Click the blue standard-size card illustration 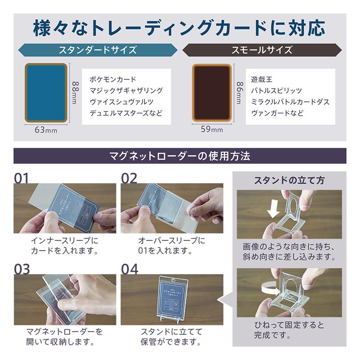[47, 92]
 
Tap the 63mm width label [45, 130]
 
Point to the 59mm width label [211, 130]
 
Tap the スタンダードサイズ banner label [97, 49]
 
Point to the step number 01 [21, 178]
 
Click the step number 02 [129, 178]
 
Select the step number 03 [22, 269]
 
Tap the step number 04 [130, 269]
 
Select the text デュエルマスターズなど [126, 113]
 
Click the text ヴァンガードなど [278, 113]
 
